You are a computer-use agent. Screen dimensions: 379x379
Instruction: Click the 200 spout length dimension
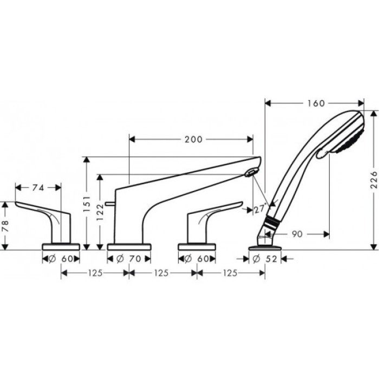[x=193, y=139]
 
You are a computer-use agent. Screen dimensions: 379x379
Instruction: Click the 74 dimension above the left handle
[x=38, y=187]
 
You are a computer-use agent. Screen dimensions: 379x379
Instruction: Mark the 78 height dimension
[x=6, y=225]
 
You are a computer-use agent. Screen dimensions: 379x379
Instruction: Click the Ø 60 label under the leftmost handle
[x=61, y=259]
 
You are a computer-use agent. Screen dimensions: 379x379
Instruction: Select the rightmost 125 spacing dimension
[x=230, y=274]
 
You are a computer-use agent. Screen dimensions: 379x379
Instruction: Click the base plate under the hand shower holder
[x=264, y=247]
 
